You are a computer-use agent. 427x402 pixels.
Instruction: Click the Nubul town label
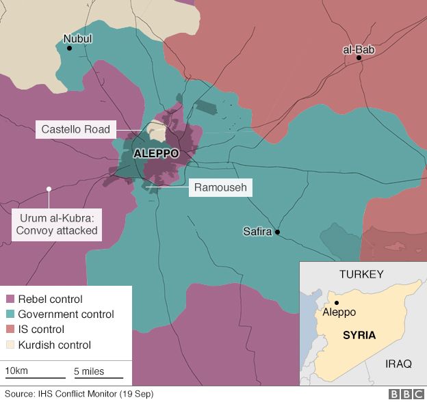(77, 39)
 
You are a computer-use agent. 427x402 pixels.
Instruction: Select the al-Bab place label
(359, 49)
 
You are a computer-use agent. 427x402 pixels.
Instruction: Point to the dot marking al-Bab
(359, 59)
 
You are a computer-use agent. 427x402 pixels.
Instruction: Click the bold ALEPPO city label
(156, 154)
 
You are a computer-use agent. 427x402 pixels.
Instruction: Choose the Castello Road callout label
(75, 129)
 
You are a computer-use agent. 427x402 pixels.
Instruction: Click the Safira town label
(257, 232)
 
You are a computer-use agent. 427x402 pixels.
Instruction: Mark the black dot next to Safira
(278, 232)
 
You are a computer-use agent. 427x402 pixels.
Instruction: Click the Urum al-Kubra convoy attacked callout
(57, 225)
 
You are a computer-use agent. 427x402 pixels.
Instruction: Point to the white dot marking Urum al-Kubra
(49, 189)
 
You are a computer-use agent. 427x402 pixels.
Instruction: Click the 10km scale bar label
(16, 371)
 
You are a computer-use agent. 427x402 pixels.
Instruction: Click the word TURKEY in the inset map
(361, 274)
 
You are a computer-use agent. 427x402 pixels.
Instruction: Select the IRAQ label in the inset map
(398, 364)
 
